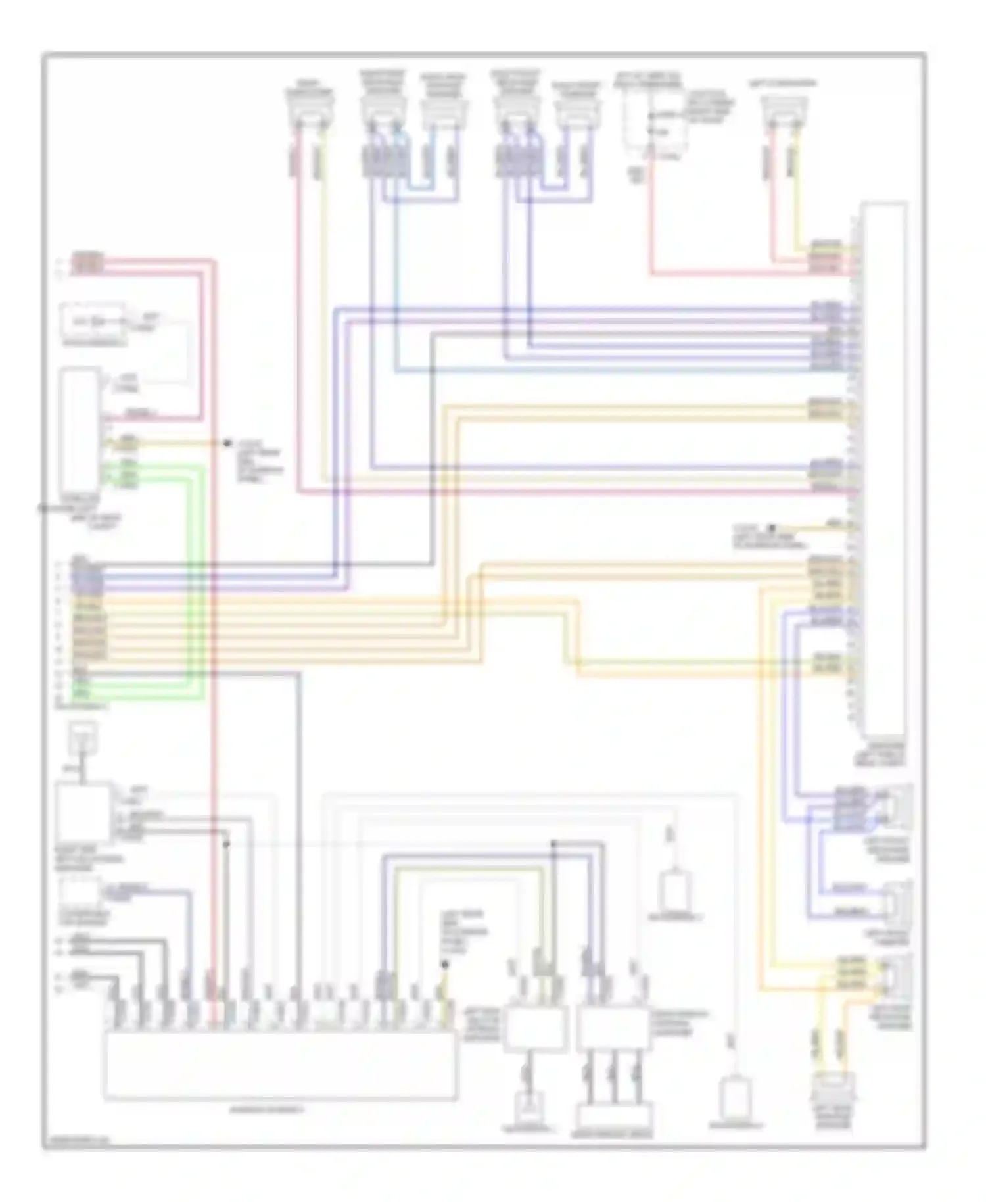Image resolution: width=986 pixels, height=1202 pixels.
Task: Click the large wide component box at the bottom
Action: [280, 1065]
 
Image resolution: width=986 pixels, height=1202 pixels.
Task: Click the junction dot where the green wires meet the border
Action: [41, 508]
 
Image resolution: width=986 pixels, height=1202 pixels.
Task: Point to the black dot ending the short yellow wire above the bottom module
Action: [445, 964]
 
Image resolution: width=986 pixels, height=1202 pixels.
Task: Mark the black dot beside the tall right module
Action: [772, 527]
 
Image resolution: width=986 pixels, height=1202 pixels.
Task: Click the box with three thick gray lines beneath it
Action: [611, 1028]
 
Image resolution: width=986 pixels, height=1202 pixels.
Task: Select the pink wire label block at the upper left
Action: [87, 262]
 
